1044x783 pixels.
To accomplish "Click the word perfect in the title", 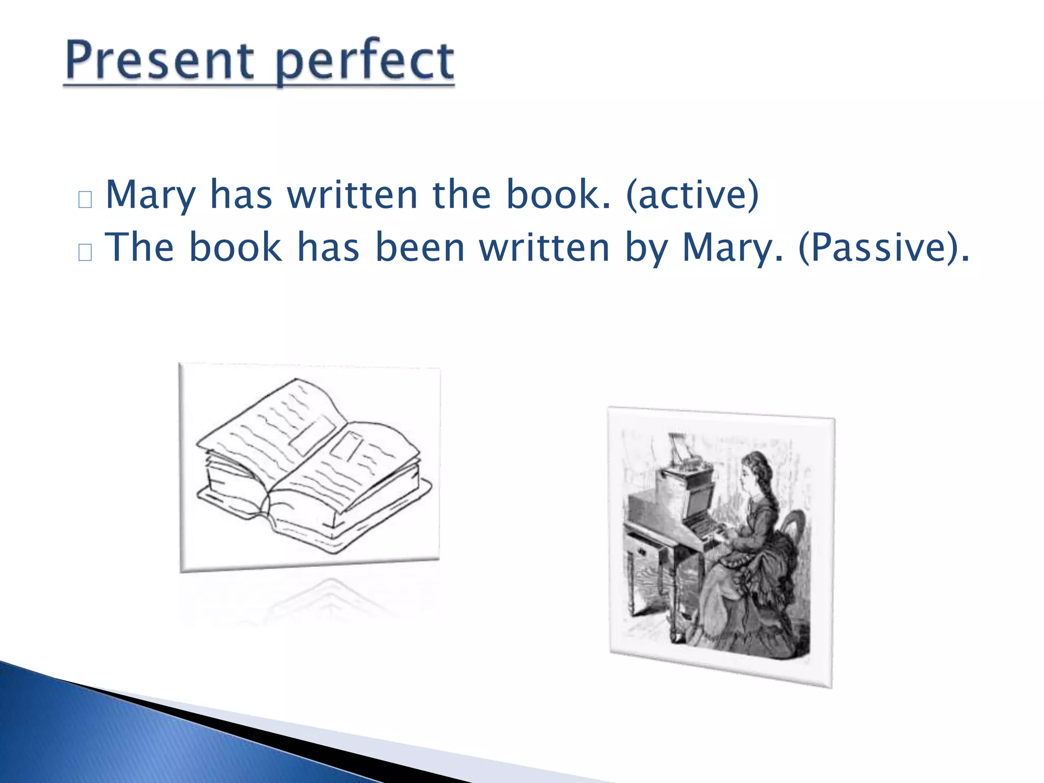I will click(364, 62).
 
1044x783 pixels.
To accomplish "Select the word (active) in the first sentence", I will click(692, 195).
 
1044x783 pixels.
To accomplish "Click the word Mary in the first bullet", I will click(150, 196).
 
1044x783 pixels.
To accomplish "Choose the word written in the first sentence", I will click(352, 195).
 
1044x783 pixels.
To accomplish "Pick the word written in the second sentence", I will click(544, 248).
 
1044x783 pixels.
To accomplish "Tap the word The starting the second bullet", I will click(139, 248).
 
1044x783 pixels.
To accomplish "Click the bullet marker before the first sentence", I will click(85, 199).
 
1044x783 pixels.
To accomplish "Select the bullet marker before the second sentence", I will click(85, 252).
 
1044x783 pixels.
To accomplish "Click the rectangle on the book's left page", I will click(312, 436).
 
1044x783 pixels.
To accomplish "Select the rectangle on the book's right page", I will click(347, 446).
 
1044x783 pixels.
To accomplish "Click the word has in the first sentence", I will click(241, 195).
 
